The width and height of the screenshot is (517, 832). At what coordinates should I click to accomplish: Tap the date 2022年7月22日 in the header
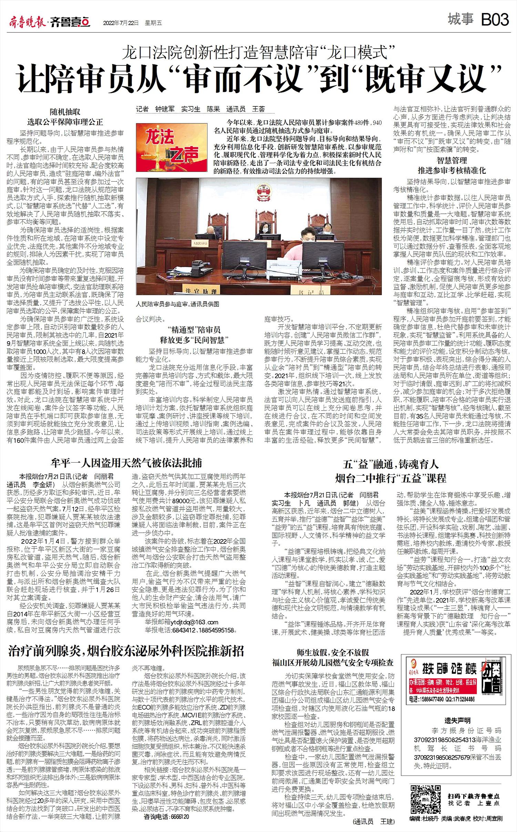pos(121,23)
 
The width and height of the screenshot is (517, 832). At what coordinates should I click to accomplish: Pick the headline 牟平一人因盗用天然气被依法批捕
pos(126,462)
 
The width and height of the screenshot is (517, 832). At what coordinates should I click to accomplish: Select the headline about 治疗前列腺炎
pos(126,651)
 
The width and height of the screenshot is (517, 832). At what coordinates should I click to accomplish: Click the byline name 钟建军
pos(165,109)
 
